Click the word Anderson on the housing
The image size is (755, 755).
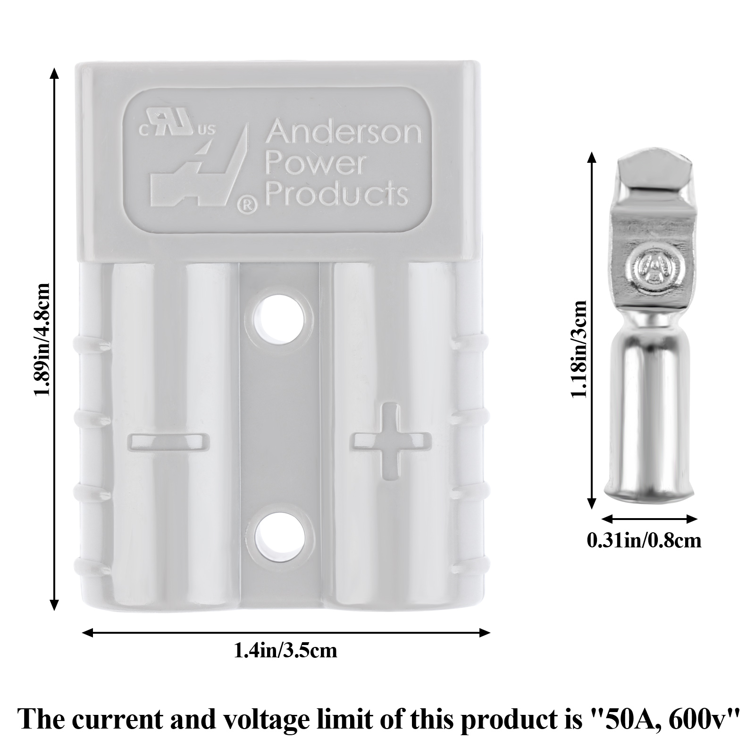click(x=343, y=133)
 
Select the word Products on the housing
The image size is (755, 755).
click(x=336, y=194)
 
